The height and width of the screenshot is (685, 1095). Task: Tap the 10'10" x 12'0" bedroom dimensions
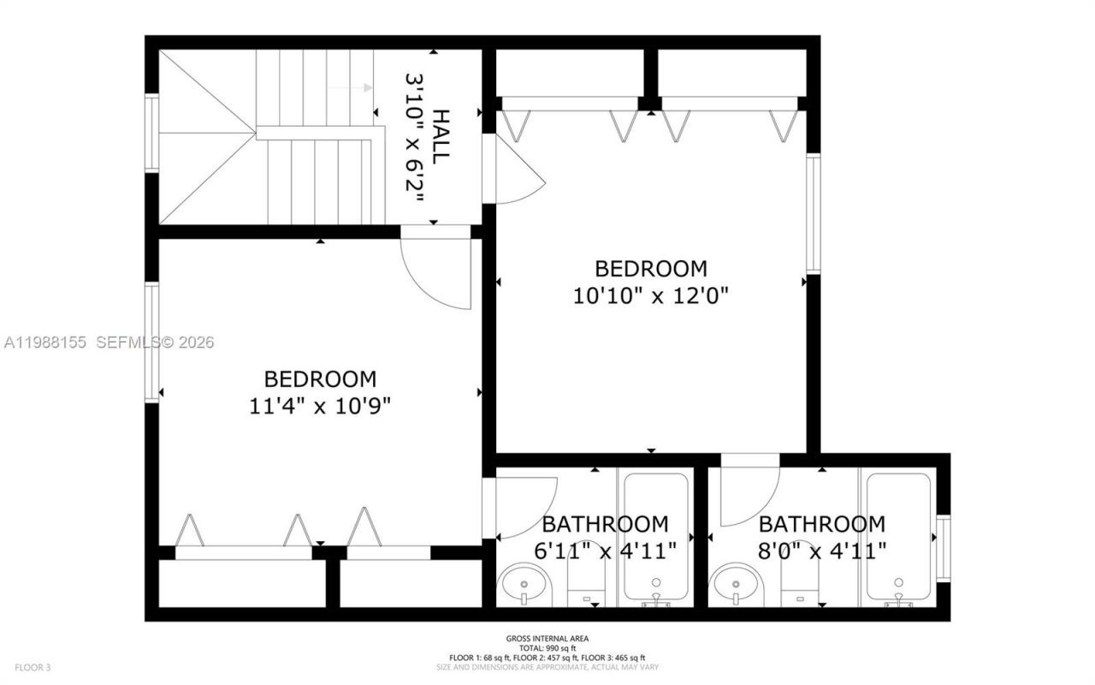point(651,295)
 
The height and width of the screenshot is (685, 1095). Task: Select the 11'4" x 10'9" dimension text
point(320,406)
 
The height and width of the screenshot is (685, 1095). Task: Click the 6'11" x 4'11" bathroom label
point(606,550)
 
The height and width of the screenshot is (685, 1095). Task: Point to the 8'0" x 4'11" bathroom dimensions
point(822,550)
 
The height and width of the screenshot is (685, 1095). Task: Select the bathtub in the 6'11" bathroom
point(656,538)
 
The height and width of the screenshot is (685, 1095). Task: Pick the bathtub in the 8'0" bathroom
point(898,538)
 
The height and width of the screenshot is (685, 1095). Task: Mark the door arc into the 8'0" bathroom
point(748,495)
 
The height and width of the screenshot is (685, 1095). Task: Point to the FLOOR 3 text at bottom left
point(33,667)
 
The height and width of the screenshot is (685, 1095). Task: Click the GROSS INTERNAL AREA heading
point(547,639)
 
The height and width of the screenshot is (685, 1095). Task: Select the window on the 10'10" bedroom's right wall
point(814,214)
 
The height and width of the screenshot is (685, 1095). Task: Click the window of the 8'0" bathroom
point(944,548)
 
